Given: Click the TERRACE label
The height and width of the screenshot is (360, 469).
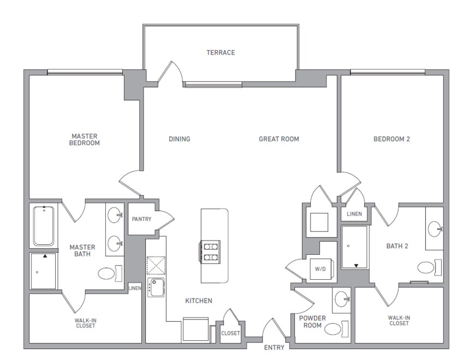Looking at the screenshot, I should click(x=221, y=53).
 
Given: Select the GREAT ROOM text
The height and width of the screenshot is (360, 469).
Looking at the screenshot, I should click(x=279, y=139).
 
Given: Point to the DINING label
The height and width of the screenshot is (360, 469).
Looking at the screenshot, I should click(x=180, y=139).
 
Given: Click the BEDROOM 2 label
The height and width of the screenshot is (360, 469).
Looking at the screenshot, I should click(x=391, y=139).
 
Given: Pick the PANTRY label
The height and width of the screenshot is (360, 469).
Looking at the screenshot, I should click(x=141, y=219).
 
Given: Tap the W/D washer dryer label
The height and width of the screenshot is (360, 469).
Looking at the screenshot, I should click(x=319, y=269).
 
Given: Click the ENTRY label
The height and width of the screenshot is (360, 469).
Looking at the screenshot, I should click(x=274, y=347).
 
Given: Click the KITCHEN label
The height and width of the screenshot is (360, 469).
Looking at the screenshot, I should click(x=198, y=301).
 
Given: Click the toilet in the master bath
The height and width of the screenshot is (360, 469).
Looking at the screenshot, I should click(x=109, y=273).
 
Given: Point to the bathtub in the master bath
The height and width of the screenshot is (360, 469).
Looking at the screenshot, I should click(x=44, y=226).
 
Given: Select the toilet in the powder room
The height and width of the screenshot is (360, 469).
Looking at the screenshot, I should click(x=333, y=328).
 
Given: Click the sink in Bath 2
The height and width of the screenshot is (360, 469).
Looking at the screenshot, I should click(x=435, y=229).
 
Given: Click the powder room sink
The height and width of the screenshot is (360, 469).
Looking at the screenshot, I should click(x=341, y=298).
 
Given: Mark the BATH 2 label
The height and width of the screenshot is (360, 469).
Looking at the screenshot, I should click(x=397, y=247).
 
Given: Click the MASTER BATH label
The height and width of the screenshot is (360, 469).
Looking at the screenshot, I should click(x=82, y=250).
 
